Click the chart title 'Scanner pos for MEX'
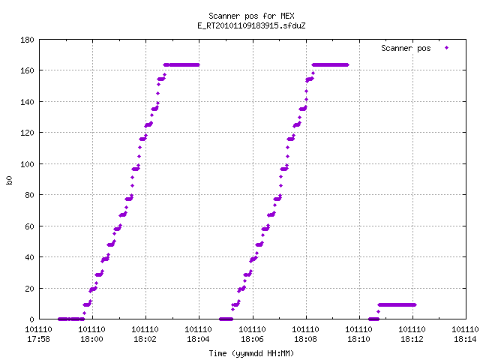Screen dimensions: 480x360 click(251, 16)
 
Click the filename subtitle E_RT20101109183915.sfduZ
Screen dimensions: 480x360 click(251, 25)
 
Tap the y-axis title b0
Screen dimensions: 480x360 click(9, 180)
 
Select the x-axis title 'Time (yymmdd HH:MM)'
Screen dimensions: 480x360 click(251, 353)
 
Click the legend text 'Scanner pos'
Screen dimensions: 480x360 click(406, 48)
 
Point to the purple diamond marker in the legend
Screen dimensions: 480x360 click(447, 48)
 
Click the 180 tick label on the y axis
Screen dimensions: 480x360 click(27, 40)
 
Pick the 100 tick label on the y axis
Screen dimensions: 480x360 click(27, 164)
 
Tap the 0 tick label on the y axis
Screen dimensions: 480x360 click(31, 319)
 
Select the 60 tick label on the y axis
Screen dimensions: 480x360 click(30, 226)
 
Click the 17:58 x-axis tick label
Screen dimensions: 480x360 click(38, 339)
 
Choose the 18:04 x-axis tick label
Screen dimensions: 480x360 click(198, 339)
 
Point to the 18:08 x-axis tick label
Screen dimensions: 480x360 click(305, 339)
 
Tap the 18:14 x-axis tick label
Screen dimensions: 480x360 click(465, 339)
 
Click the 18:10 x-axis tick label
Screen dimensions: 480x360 click(358, 339)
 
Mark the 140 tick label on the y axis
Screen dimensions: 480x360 click(27, 102)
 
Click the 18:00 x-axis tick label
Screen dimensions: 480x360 click(91, 339)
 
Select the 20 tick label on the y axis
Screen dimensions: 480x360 click(30, 288)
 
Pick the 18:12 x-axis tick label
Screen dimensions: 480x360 click(412, 339)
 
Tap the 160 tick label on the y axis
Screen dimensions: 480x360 click(27, 70)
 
